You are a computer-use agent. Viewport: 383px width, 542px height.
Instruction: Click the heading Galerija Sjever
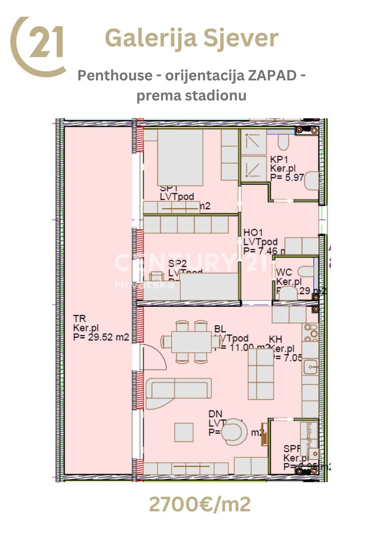191,38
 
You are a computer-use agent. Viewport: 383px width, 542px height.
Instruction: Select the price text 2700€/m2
199,504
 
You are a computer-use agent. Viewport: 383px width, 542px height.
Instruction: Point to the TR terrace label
79,319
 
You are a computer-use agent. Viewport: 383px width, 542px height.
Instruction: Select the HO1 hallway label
253,233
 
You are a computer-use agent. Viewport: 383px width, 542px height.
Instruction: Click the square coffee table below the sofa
184,432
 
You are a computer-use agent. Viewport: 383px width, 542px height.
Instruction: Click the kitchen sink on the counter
311,368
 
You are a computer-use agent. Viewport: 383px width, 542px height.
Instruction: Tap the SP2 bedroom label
177,263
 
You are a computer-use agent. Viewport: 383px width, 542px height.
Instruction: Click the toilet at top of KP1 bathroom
284,142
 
